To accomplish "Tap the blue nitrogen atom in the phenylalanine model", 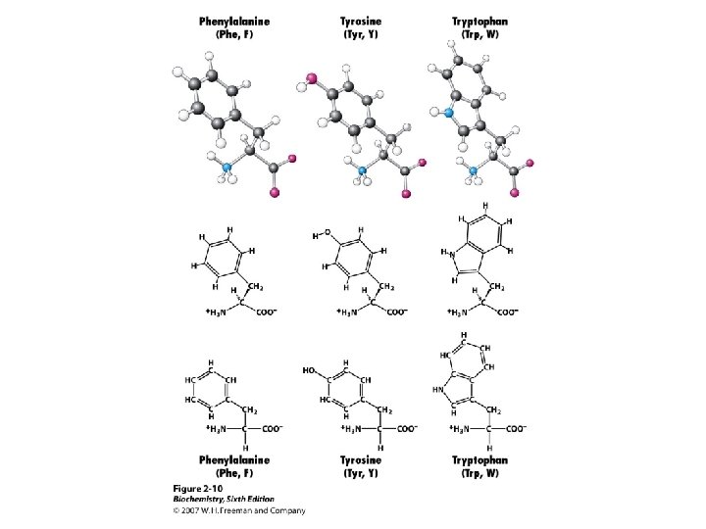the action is [x=227, y=168].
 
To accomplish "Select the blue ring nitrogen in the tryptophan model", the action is [x=449, y=114].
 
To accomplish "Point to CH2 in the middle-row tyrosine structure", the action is [x=386, y=286].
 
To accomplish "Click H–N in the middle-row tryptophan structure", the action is [x=448, y=253].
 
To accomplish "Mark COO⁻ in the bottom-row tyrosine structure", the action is [x=403, y=428].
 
